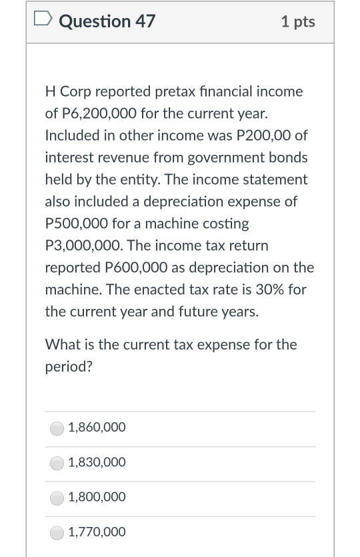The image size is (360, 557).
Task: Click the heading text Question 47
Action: point(107,21)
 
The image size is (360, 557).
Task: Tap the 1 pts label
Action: point(298,21)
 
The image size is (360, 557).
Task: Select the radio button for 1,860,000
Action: point(58,428)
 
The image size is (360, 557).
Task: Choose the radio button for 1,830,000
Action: point(58,462)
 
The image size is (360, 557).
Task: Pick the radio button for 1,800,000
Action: point(58,497)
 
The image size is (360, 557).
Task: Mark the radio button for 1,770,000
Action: point(58,532)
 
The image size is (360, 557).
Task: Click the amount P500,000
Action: point(77,223)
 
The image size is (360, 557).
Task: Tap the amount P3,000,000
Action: point(83,245)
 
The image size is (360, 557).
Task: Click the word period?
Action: point(69,367)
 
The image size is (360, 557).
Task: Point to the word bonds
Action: point(288,157)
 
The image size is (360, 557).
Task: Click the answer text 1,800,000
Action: point(97,497)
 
